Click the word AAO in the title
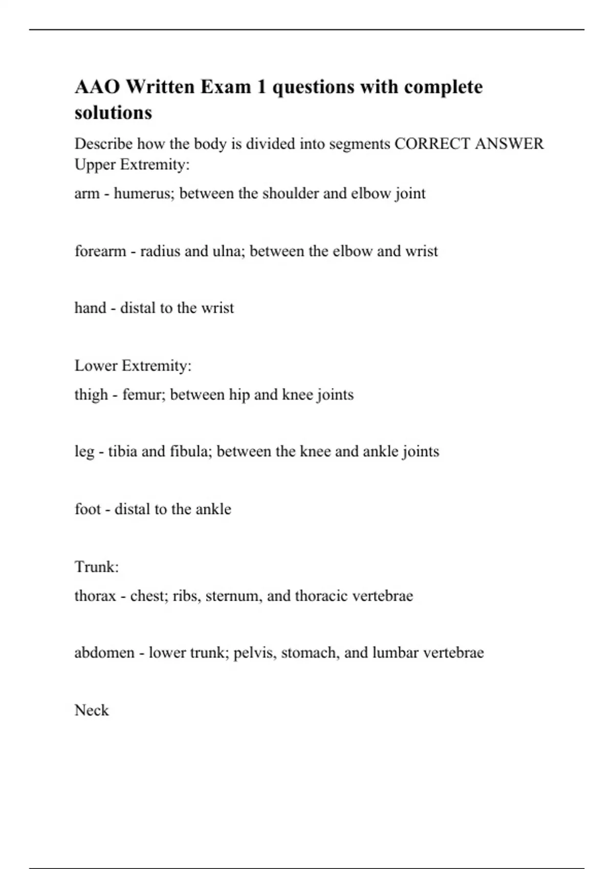point(97,87)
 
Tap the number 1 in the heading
point(261,87)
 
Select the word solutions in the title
point(113,112)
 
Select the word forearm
point(100,251)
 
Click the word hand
point(90,308)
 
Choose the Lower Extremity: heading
point(133,365)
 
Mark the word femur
point(144,395)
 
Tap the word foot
point(87,509)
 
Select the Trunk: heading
point(97,567)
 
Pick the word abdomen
point(104,653)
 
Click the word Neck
point(92,711)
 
